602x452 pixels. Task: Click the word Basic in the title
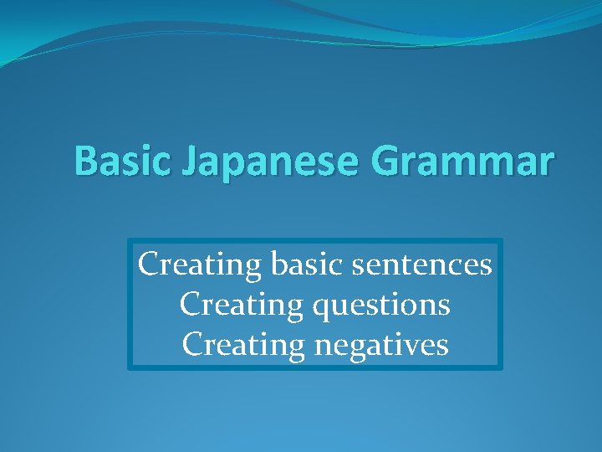pyautogui.click(x=115, y=160)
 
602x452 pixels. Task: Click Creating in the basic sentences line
pyautogui.click(x=201, y=265)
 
